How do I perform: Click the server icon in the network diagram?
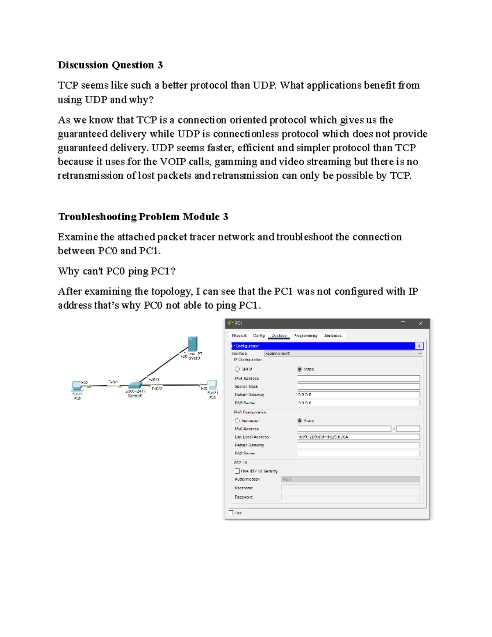click(192, 344)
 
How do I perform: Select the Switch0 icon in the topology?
click(135, 385)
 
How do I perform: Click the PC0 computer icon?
click(77, 385)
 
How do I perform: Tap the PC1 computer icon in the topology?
click(212, 384)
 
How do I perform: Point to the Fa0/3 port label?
click(154, 379)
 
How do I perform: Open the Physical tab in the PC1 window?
click(239, 336)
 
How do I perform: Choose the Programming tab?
click(305, 336)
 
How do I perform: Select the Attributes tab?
click(333, 336)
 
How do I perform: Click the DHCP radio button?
click(237, 369)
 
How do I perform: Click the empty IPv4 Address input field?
click(358, 378)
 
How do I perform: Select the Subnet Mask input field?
click(358, 386)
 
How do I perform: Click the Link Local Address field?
click(358, 437)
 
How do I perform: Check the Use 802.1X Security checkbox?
click(237, 471)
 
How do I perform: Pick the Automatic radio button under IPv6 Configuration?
click(237, 421)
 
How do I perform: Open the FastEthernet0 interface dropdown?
click(343, 354)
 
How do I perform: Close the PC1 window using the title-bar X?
click(421, 323)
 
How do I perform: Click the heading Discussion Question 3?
click(110, 65)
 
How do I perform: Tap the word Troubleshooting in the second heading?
click(97, 217)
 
